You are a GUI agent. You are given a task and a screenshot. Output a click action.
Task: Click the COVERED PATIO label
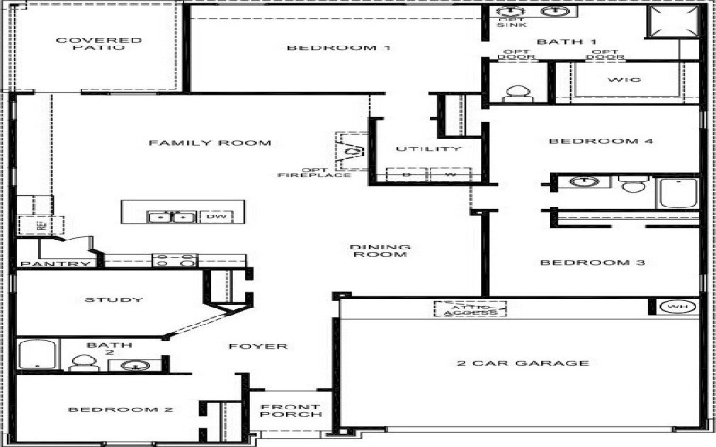click(87, 44)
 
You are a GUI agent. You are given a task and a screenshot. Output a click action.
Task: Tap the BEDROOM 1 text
click(338, 47)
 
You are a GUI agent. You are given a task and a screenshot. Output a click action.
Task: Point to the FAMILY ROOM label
click(209, 143)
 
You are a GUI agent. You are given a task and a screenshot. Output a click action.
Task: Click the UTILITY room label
click(429, 148)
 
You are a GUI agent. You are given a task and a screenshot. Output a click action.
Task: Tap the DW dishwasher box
click(215, 216)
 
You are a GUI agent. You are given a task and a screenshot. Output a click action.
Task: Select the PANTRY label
click(55, 264)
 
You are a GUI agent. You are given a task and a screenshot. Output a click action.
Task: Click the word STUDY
click(114, 299)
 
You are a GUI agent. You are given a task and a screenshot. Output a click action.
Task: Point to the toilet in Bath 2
click(83, 362)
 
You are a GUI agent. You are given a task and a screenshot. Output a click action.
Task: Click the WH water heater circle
click(674, 308)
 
